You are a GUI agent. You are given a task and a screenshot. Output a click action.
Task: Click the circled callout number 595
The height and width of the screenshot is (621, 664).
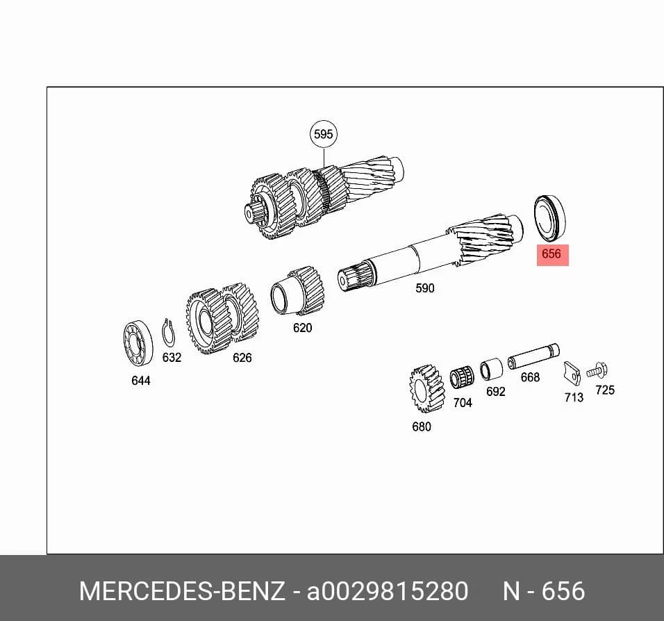coord(324,134)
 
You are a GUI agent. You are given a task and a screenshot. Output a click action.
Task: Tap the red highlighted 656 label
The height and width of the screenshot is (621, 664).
coord(552,255)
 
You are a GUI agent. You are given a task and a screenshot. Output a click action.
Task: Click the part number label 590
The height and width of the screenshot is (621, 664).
coord(425,288)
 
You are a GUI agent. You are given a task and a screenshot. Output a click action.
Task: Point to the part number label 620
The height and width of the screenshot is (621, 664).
coord(302,327)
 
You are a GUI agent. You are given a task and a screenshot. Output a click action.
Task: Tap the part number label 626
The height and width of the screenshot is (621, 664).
coord(242,358)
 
